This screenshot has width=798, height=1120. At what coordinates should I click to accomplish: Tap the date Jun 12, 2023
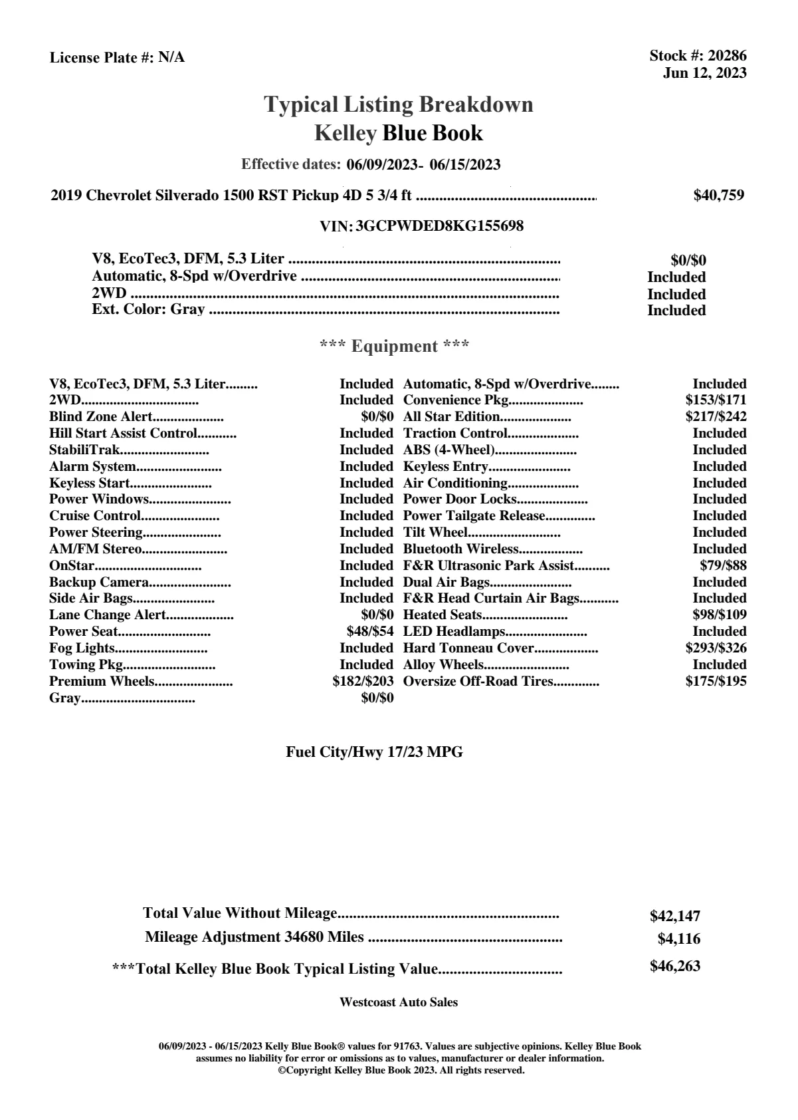(704, 73)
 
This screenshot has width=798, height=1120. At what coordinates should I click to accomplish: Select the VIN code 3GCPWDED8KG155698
(439, 226)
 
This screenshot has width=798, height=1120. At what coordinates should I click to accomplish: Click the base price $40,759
(718, 196)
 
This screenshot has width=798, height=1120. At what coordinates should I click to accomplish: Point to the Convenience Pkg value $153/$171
(716, 400)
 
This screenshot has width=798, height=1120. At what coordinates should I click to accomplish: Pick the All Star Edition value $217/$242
(716, 417)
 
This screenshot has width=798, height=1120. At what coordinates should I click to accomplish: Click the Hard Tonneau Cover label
(468, 648)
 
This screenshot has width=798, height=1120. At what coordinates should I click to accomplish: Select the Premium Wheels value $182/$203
(363, 681)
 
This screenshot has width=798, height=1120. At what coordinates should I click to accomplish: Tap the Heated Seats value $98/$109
(720, 615)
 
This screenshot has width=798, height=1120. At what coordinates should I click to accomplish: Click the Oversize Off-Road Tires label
(478, 681)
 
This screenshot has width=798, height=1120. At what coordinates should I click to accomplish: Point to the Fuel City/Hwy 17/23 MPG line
(374, 752)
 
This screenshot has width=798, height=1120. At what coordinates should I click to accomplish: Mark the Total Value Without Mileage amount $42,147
(674, 916)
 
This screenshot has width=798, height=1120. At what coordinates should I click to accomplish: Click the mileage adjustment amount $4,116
(678, 939)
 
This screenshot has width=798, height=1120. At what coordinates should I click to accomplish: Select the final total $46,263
(674, 966)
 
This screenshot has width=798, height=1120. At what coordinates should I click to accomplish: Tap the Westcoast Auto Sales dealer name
(398, 1002)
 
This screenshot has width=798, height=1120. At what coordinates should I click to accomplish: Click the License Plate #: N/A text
(117, 58)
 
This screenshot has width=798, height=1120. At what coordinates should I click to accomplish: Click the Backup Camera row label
(99, 582)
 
